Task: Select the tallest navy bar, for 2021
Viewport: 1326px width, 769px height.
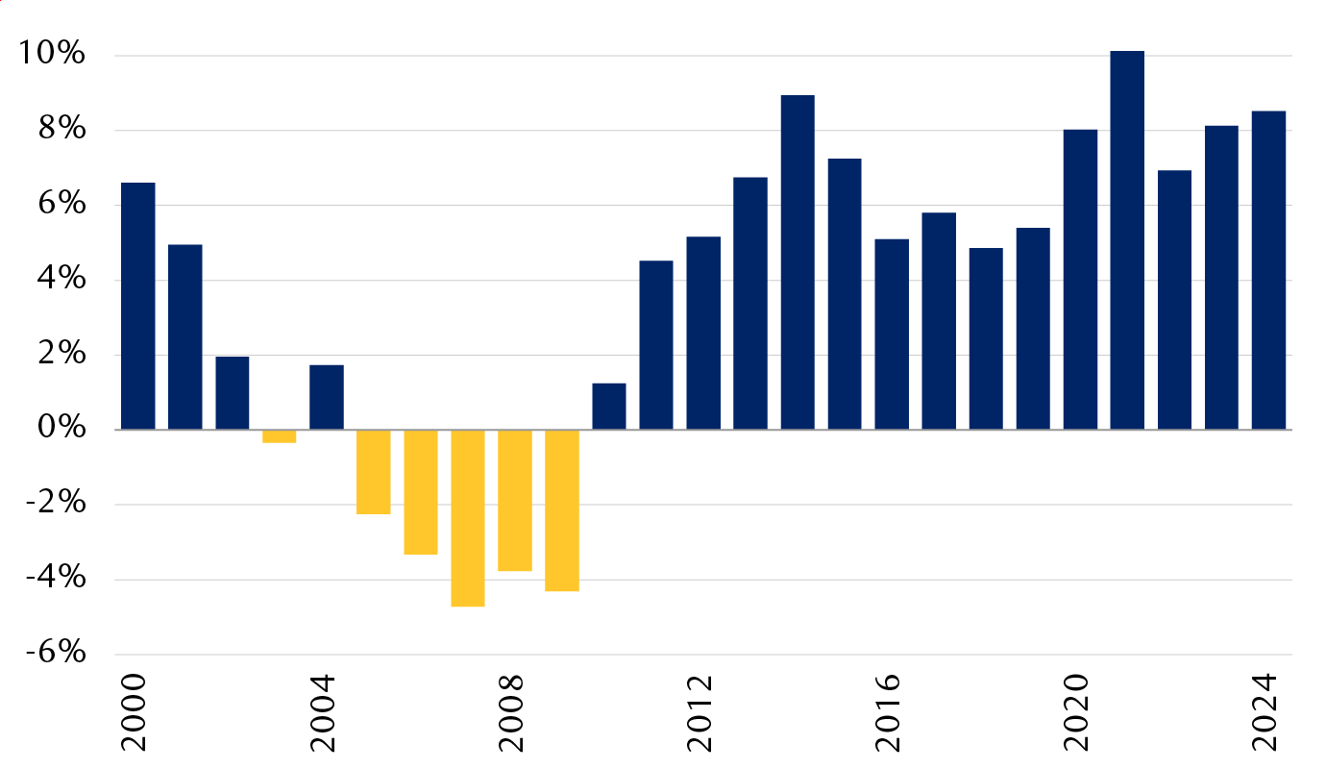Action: tap(1127, 240)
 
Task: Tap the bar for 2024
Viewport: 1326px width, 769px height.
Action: tap(1268, 270)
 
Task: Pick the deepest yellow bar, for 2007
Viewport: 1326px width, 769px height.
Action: tap(467, 518)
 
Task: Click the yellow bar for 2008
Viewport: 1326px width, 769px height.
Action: tap(514, 500)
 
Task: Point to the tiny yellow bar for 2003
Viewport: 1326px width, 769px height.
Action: tap(279, 436)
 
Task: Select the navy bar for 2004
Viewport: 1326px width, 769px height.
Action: tap(326, 397)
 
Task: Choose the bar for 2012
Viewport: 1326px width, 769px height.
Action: tap(703, 333)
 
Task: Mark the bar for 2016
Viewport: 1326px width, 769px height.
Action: tap(892, 334)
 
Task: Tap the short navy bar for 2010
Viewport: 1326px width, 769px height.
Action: tap(608, 407)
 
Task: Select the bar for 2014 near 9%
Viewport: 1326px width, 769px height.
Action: tap(798, 262)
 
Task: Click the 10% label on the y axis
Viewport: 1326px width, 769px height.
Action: tap(52, 55)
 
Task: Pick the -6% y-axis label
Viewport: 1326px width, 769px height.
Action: tap(56, 654)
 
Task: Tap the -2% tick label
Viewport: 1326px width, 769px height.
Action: tap(56, 505)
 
